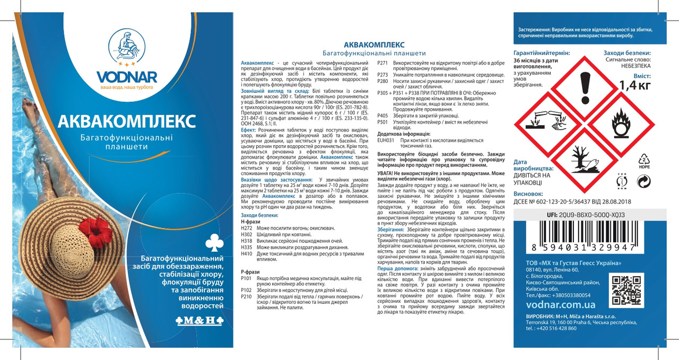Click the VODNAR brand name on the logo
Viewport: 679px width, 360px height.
(x=126, y=77)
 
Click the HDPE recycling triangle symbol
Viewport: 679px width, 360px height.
(x=643, y=160)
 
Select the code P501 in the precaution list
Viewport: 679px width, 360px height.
(x=382, y=121)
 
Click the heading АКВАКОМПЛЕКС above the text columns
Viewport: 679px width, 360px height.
(x=375, y=45)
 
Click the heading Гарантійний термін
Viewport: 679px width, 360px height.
(x=542, y=54)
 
